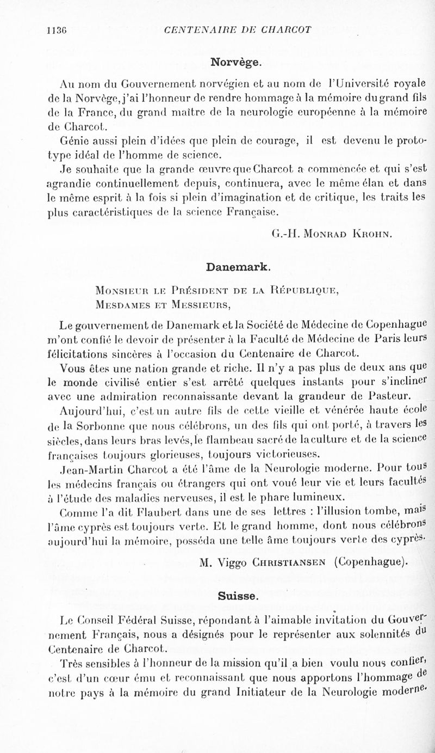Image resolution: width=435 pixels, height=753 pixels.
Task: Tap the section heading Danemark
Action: tap(237, 267)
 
